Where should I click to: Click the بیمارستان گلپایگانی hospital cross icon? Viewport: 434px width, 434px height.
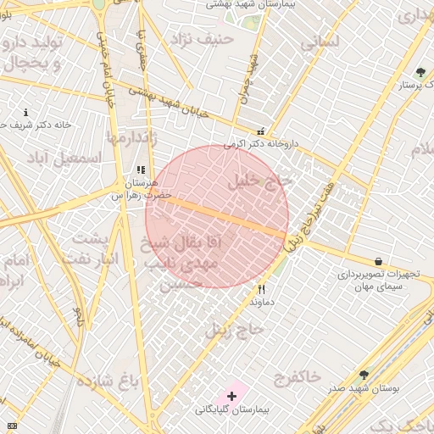(x=231, y=396)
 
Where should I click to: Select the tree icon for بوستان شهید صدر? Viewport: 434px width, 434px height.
(x=364, y=375)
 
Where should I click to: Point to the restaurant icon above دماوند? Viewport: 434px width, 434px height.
(x=261, y=289)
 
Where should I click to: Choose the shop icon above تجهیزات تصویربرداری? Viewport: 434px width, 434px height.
(x=377, y=261)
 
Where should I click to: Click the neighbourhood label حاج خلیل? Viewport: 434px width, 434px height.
(x=259, y=181)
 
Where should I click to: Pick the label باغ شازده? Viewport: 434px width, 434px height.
(x=107, y=380)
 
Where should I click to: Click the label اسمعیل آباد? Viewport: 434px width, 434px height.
(x=64, y=159)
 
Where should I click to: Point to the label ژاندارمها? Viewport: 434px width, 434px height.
(x=128, y=136)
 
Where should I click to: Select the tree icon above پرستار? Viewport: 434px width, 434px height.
(x=420, y=72)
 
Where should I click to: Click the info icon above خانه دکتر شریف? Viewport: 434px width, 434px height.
(x=26, y=112)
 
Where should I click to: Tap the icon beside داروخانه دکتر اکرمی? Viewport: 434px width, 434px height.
(x=260, y=131)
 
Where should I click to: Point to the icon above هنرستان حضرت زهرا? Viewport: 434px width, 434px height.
(x=141, y=170)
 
